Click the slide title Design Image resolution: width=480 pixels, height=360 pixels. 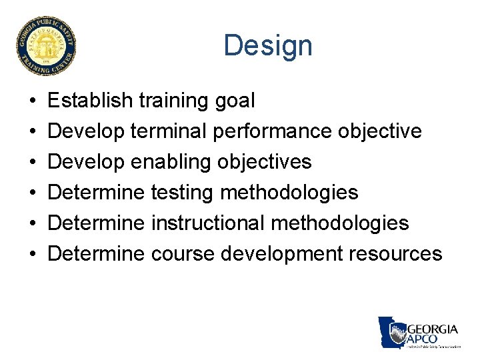coord(267,46)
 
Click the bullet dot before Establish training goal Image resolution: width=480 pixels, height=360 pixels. coord(33,101)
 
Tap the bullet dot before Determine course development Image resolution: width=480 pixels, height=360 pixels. coord(33,254)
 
